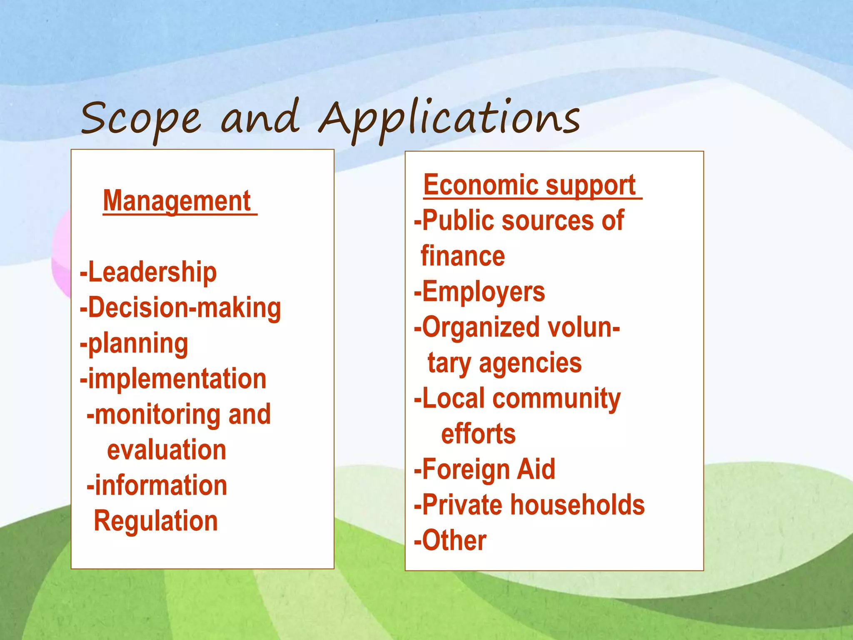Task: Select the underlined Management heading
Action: coord(177,201)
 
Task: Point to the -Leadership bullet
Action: coord(148,272)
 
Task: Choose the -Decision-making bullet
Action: coord(180,308)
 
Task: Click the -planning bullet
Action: coord(134,344)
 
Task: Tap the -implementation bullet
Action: coord(173,379)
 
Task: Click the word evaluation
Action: coord(167,450)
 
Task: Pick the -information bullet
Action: coord(157,486)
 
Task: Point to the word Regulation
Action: coord(156,521)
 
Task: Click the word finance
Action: coord(463,256)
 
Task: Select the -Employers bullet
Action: coord(479,292)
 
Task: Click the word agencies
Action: coord(530,363)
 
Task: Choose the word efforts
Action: coord(478,434)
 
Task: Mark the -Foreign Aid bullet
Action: coord(484,470)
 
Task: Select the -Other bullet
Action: coord(450,540)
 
